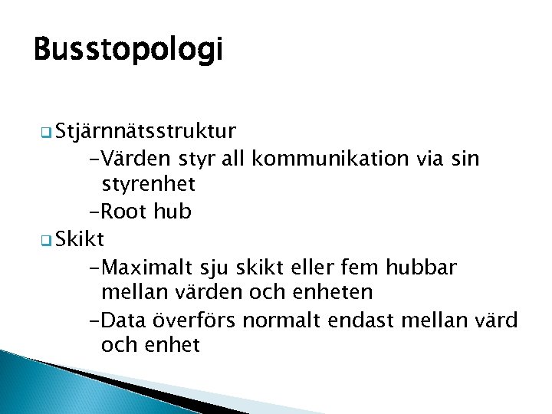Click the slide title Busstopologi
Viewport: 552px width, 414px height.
tap(128, 51)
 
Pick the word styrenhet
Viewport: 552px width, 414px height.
tap(148, 185)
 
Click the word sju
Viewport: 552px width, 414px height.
tap(209, 267)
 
